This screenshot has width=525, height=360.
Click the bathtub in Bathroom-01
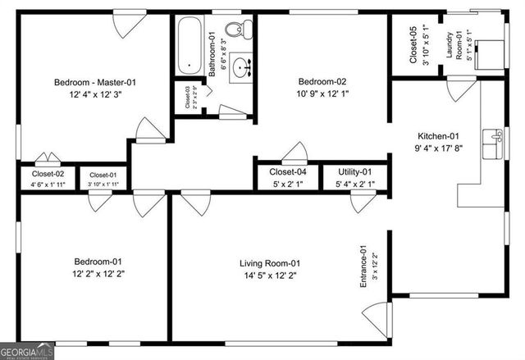point(189,44)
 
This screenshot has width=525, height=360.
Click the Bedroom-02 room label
point(322,82)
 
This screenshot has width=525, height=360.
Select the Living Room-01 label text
point(271,263)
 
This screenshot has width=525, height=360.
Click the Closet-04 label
point(288,172)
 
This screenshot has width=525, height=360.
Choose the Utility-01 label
point(355,172)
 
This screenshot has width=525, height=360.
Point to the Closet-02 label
point(48,174)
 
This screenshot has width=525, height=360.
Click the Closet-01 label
point(103,175)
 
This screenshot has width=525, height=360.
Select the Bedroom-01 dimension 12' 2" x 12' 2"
point(98,273)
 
